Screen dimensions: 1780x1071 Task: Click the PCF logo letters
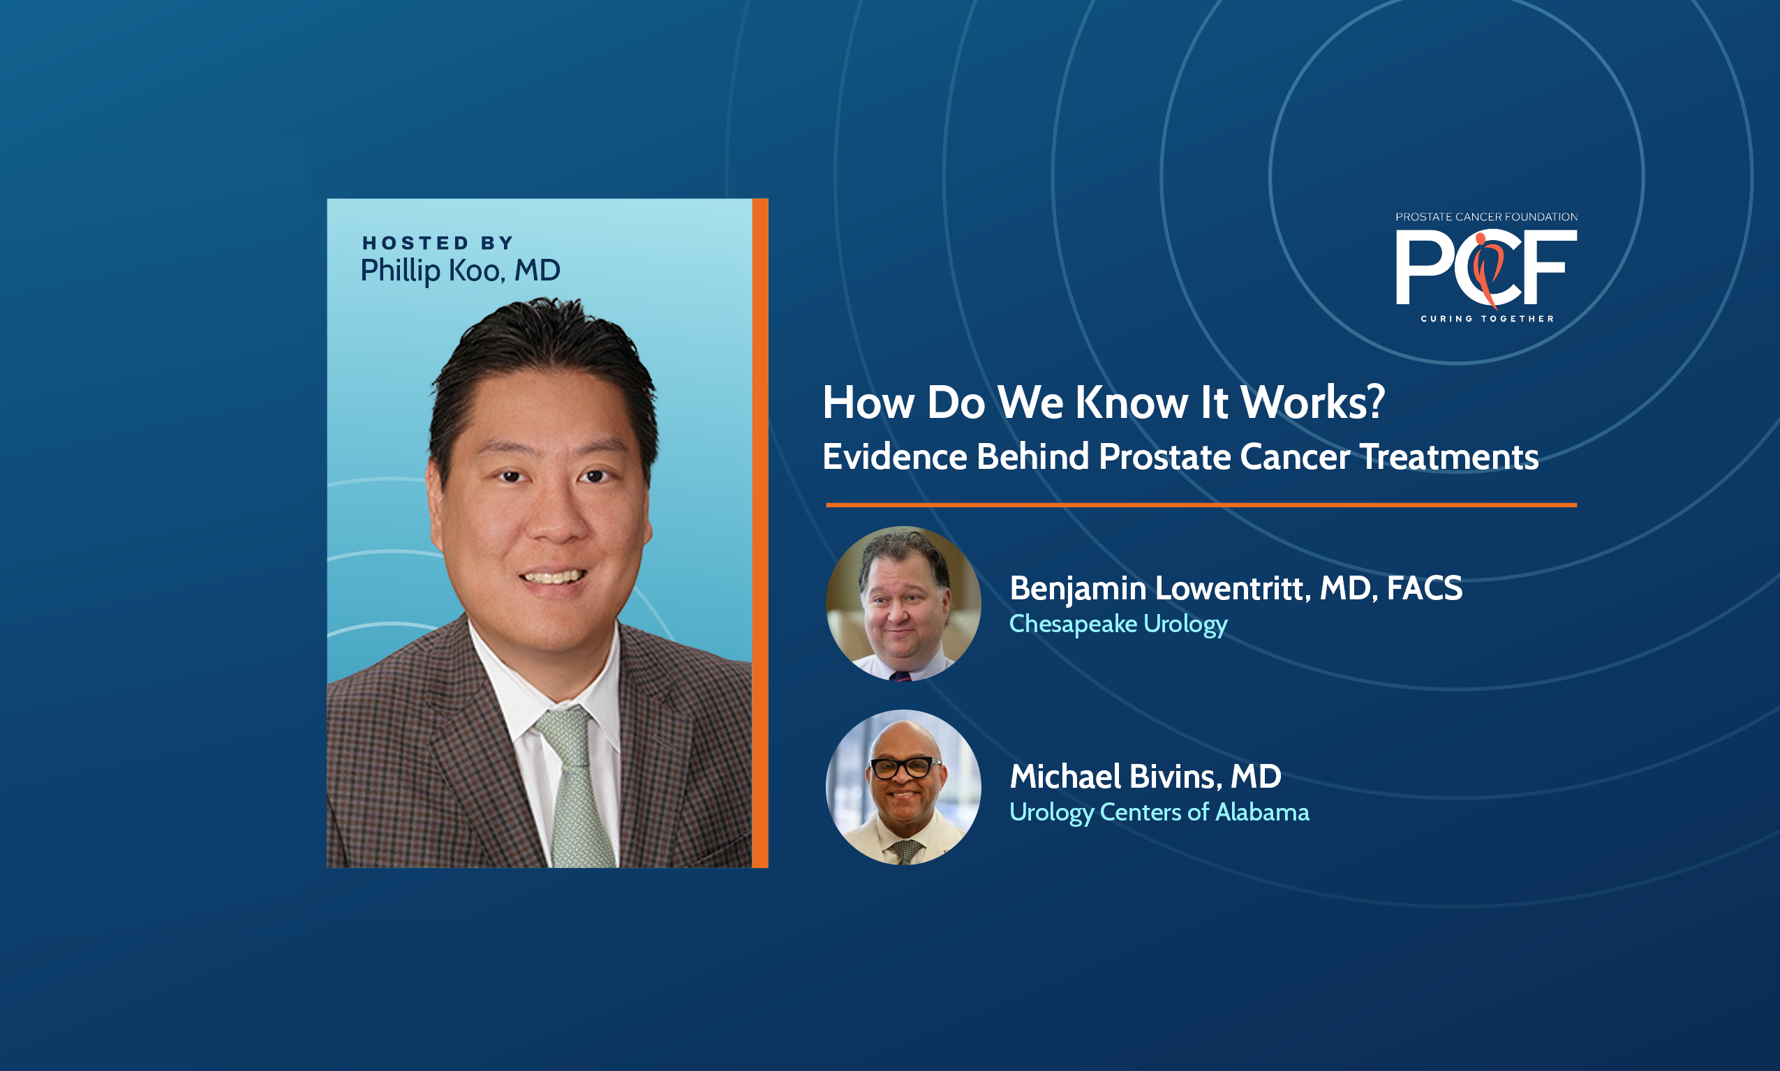click(x=1485, y=268)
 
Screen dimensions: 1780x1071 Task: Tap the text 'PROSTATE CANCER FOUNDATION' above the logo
click(x=1486, y=216)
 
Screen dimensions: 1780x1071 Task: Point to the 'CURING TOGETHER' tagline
click(x=1487, y=318)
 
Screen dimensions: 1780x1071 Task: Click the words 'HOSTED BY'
click(x=438, y=243)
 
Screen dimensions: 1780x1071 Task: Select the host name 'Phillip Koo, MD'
click(x=461, y=271)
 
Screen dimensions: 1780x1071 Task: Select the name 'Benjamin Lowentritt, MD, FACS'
click(x=1236, y=588)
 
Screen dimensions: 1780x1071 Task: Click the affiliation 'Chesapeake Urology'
click(x=1118, y=624)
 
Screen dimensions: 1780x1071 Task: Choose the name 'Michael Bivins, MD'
click(x=1145, y=777)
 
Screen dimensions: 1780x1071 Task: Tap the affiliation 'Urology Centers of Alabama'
click(x=1159, y=813)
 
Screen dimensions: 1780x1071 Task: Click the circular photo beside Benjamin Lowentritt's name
click(x=903, y=604)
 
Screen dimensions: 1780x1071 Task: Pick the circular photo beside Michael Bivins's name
click(x=903, y=787)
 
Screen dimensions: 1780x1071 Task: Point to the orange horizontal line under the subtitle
click(x=1201, y=505)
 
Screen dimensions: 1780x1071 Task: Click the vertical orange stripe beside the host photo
click(x=760, y=532)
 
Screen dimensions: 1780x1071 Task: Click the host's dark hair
click(x=543, y=361)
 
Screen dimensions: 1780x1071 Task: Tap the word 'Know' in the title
click(x=1132, y=402)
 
